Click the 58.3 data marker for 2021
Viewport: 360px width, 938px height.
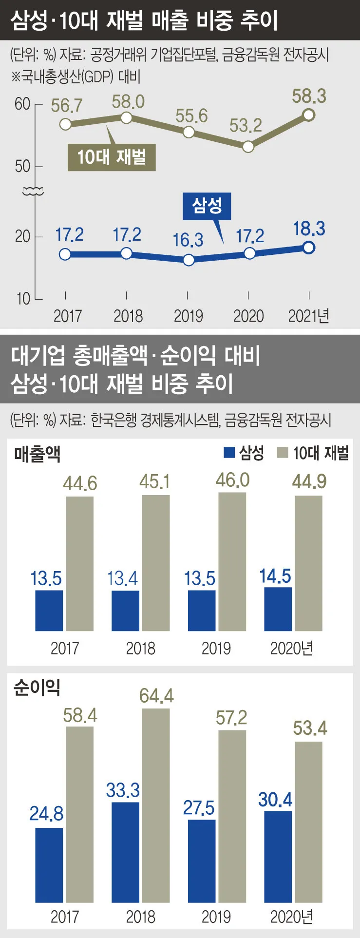click(309, 115)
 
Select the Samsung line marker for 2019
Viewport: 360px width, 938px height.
click(189, 260)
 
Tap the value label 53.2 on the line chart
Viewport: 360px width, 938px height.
click(246, 126)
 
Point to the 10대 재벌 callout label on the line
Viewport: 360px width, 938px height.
click(112, 157)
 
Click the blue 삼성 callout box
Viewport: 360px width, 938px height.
click(207, 206)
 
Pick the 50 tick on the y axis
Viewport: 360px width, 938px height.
click(22, 167)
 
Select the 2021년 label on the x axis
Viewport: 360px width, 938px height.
click(309, 316)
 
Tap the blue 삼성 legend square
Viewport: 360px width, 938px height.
click(229, 453)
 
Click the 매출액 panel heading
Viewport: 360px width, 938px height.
click(38, 454)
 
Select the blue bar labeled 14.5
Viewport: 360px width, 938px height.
click(278, 609)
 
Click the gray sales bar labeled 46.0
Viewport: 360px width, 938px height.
click(232, 561)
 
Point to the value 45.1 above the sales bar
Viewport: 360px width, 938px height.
click(154, 481)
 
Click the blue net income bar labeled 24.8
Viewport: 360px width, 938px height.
click(49, 865)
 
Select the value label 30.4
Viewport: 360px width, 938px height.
click(275, 800)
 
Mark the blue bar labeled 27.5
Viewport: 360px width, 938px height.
click(202, 861)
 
